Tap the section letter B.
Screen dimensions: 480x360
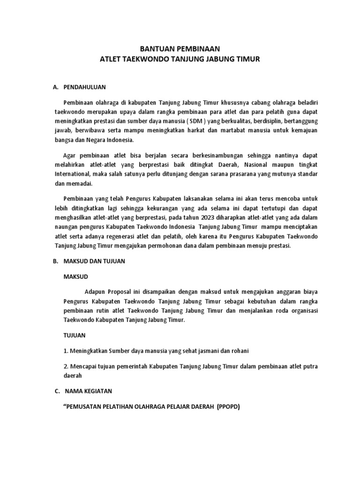55,261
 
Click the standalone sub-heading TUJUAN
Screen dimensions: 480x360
75,336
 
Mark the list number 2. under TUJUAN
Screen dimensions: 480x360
66,366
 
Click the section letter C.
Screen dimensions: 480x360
55,391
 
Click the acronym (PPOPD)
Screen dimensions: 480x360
228,406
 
